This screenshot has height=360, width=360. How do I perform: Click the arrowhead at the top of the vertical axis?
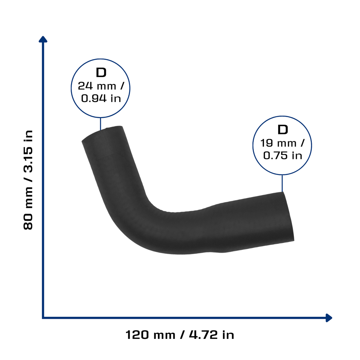43,39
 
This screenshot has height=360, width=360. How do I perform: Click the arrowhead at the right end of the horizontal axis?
329,318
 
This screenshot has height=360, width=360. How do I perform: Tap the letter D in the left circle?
101,72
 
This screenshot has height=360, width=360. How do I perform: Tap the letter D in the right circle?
283,130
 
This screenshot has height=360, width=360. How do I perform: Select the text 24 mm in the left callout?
97,86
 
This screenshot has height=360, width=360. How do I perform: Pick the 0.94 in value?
101,98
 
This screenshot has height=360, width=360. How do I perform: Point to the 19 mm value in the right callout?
278,143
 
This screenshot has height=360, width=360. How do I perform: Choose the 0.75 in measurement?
282,155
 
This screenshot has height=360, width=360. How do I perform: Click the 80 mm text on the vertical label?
28,208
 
